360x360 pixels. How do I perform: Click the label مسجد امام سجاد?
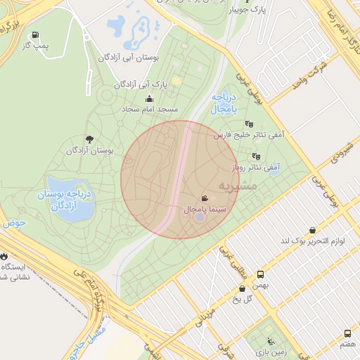pos(150,110)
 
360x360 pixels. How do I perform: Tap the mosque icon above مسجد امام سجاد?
pos(149,99)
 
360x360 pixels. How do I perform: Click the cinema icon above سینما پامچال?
pos(204,199)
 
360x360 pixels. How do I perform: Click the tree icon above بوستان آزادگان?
pos(89,139)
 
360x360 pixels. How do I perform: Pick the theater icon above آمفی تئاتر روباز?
pos(255,156)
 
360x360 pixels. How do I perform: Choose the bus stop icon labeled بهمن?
pos(261,275)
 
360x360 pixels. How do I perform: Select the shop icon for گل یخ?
pos(243,288)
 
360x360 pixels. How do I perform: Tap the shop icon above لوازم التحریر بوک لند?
pos(312,230)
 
